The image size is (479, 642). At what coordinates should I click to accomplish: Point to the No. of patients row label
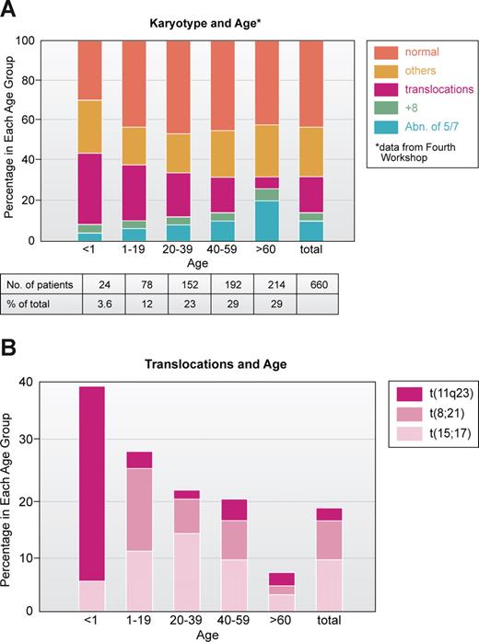pos(36,283)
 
